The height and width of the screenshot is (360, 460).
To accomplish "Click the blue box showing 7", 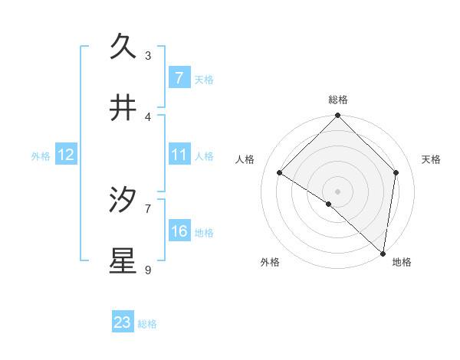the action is pyautogui.click(x=179, y=77).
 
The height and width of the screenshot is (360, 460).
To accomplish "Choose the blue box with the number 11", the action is pyautogui.click(x=179, y=155).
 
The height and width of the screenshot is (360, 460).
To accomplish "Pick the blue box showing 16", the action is pyautogui.click(x=179, y=231).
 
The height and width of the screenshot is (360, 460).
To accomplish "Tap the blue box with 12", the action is pyautogui.click(x=65, y=155).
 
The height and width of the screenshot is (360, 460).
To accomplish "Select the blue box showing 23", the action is pyautogui.click(x=123, y=322).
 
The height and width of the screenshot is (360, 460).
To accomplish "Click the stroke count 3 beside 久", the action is pyautogui.click(x=148, y=55).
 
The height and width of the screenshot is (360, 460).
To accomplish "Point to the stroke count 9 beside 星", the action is pyautogui.click(x=148, y=270).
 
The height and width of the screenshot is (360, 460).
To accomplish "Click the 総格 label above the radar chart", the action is pyautogui.click(x=337, y=100).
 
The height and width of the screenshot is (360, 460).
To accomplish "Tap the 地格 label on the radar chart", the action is pyautogui.click(x=402, y=262).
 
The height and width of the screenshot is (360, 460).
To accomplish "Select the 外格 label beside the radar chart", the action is pyautogui.click(x=270, y=262).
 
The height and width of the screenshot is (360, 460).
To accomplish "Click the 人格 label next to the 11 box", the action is pyautogui.click(x=204, y=155).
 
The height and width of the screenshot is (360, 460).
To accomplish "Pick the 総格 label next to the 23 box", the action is pyautogui.click(x=147, y=323).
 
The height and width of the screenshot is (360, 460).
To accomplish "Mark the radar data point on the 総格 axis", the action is pyautogui.click(x=337, y=116).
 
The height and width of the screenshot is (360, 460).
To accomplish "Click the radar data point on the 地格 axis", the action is pyautogui.click(x=383, y=253).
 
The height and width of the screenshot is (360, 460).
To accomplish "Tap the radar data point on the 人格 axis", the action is pyautogui.click(x=280, y=172).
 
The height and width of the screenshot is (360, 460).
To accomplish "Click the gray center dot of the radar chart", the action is pyautogui.click(x=337, y=191).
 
